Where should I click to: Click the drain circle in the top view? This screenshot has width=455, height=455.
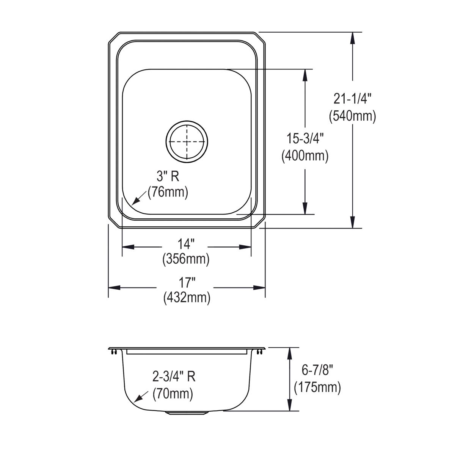187,141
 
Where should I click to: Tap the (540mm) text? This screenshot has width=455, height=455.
352,116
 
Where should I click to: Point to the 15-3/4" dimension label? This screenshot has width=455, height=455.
304,139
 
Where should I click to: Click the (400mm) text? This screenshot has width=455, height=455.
304,155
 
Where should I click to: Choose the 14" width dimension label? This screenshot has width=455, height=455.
186,243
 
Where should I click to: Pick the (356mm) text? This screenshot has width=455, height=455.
186,259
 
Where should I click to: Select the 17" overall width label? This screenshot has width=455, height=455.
187,282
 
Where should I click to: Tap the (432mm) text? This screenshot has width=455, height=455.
187,298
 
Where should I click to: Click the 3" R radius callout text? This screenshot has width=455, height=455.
168,176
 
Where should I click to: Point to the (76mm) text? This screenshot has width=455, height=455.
168,192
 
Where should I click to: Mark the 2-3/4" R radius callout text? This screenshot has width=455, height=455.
174,377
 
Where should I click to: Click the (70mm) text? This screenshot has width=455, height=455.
173,394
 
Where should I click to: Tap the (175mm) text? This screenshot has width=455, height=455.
317,387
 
